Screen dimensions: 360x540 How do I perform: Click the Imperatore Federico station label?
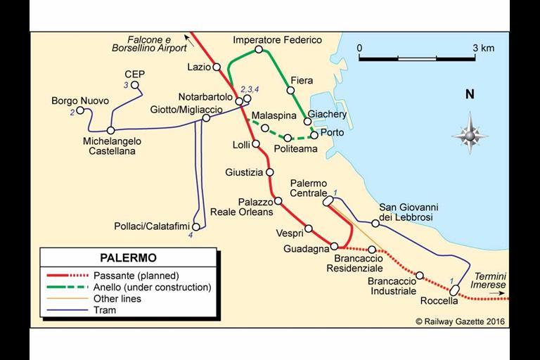[x=277, y=40]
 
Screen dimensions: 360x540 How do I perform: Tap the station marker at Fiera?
[x=290, y=90]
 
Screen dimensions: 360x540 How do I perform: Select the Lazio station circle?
[x=213, y=68]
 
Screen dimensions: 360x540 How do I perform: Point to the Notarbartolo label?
[x=205, y=96]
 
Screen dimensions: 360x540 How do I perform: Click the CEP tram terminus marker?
[x=135, y=86]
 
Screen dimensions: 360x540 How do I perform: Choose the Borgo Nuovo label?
[x=80, y=101]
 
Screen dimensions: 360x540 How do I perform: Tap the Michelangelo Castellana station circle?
[x=110, y=130]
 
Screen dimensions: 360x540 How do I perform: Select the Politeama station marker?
[x=288, y=137]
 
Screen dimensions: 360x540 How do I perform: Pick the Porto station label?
[x=332, y=132]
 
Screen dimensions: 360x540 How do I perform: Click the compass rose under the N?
[x=469, y=133]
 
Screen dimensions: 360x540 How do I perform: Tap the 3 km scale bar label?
[x=483, y=48]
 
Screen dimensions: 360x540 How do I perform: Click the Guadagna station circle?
[x=334, y=246]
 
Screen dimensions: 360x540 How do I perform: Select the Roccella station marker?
[x=455, y=289]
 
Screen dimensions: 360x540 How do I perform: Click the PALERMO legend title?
[x=128, y=258]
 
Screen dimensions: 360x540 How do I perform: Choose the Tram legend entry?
[x=105, y=310]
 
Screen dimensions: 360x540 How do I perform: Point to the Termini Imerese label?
[x=489, y=280]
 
